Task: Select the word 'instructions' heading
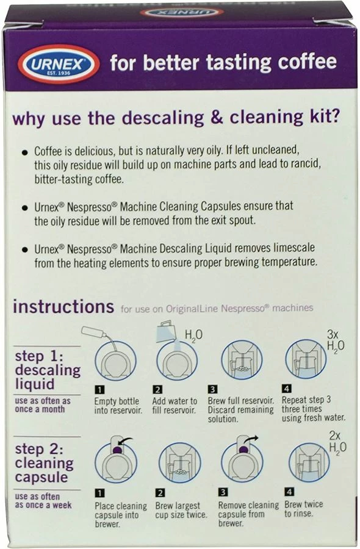(x=63, y=306)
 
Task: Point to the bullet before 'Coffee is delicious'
(x=24, y=152)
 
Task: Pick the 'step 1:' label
(x=40, y=356)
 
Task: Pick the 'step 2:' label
(x=40, y=450)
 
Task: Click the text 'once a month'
(x=40, y=409)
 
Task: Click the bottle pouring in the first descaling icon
(x=98, y=334)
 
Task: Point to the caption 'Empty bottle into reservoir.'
(x=117, y=406)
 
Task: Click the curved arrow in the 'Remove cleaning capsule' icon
(x=250, y=439)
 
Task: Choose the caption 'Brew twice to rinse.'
(x=304, y=509)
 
